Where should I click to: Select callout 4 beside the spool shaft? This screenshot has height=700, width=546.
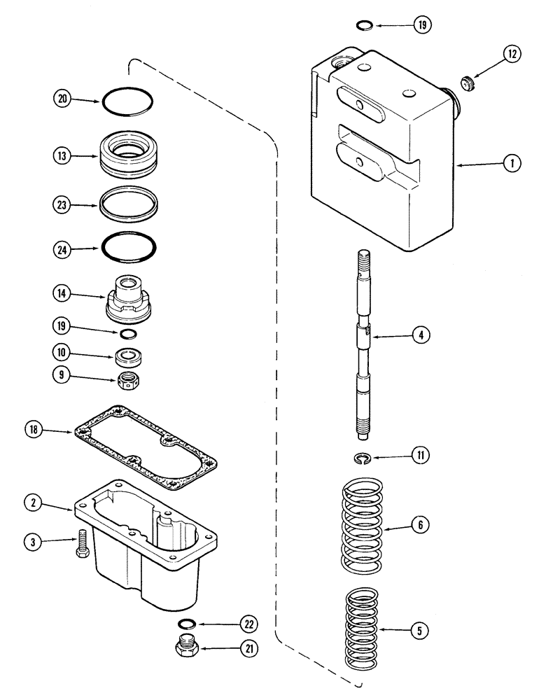click(421, 337)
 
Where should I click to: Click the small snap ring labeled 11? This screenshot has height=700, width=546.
click(360, 458)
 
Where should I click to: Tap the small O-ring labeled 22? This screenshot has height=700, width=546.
click(186, 624)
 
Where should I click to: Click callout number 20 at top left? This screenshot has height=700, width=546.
click(62, 100)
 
